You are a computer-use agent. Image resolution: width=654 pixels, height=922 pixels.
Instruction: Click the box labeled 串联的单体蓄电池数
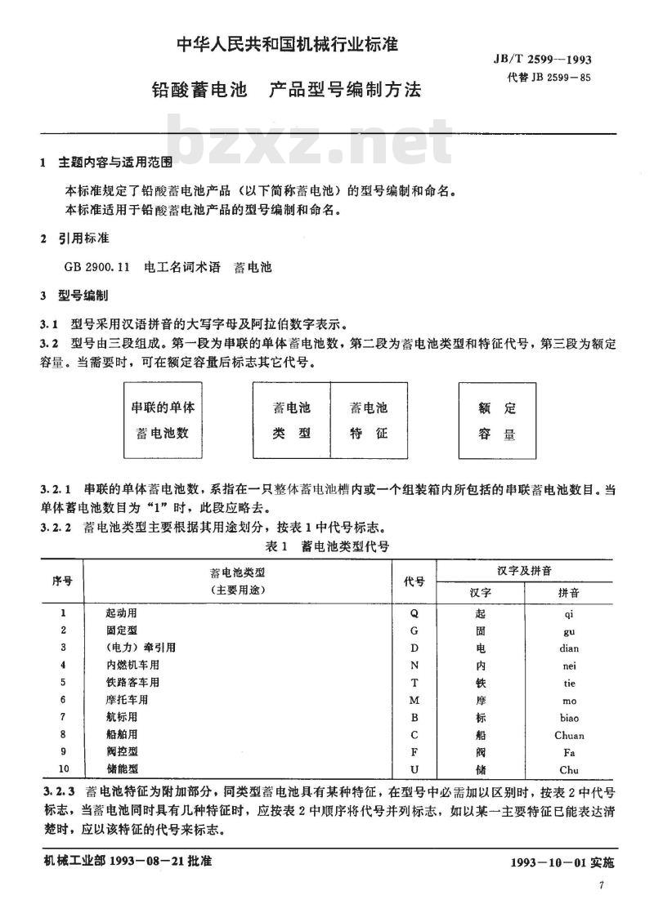(163, 421)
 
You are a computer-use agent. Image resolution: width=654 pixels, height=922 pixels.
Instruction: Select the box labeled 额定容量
(497, 421)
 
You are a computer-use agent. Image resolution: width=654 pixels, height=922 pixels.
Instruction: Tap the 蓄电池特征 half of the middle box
(369, 421)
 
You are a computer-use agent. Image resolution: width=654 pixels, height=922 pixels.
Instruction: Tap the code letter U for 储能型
(414, 770)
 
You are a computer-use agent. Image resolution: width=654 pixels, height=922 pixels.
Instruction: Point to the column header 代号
(414, 581)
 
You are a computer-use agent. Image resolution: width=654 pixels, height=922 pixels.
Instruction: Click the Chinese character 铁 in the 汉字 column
(481, 683)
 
